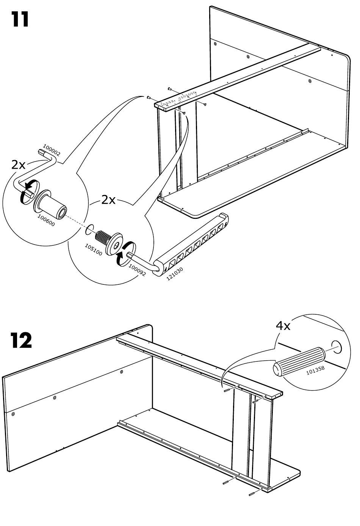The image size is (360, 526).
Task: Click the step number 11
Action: point(20,19)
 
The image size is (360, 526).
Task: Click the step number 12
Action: point(21,341)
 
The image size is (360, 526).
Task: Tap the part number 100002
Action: point(52,150)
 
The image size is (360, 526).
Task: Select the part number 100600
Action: point(46,221)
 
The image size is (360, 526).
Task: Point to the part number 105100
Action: point(93,250)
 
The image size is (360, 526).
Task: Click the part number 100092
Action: point(137,270)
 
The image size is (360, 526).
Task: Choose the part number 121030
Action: point(175,274)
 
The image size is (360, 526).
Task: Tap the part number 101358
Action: point(315,370)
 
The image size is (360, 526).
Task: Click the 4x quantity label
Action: point(283,326)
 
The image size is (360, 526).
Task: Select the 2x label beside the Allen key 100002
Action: point(18,165)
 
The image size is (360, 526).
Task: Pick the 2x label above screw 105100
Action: point(108,200)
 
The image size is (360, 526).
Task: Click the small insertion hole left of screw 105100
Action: point(89,229)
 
